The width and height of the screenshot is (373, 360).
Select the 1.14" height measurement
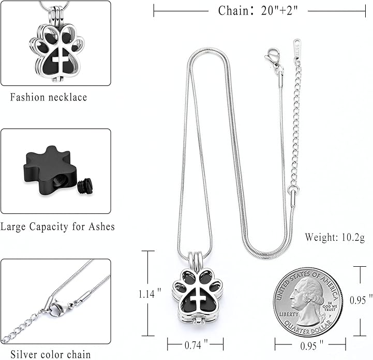tap(150, 294)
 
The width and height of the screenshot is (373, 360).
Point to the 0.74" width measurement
tap(195, 344)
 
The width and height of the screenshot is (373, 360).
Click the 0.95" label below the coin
tap(310, 344)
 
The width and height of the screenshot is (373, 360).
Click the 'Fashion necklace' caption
tap(49, 97)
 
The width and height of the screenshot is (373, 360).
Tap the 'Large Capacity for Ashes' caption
tap(57, 227)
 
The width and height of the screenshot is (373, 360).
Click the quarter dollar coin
tap(308, 303)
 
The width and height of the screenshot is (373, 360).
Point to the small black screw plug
tap(84, 186)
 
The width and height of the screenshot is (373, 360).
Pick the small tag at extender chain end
tap(297, 46)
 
